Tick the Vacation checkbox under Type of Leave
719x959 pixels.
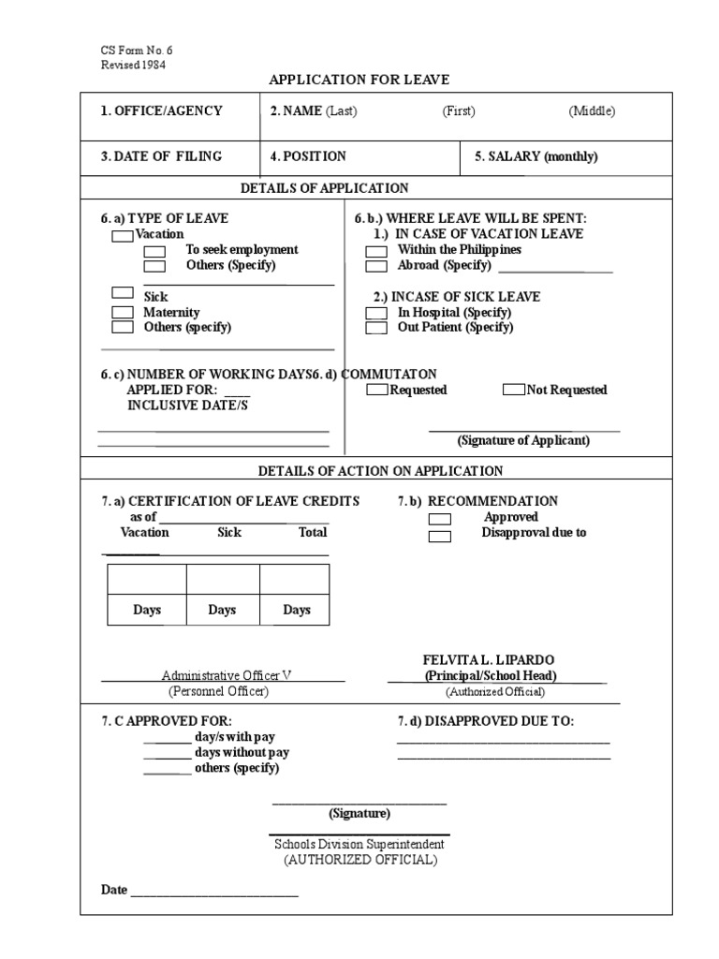pos(123,236)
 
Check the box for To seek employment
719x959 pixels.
pos(154,251)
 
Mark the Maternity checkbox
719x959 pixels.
pos(123,312)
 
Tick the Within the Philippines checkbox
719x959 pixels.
pos(375,251)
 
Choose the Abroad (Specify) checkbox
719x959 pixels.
pos(375,266)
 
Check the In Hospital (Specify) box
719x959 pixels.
pos(375,313)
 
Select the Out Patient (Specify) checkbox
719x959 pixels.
pos(375,328)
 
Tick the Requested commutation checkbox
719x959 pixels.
pos(377,390)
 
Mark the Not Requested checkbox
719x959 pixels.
pos(514,390)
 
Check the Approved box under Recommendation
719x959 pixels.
pos(440,519)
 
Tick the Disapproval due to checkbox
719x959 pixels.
pos(440,536)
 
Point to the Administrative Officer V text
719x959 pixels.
pos(227,675)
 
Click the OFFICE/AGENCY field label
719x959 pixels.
pos(162,111)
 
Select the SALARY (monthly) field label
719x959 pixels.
pos(536,156)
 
